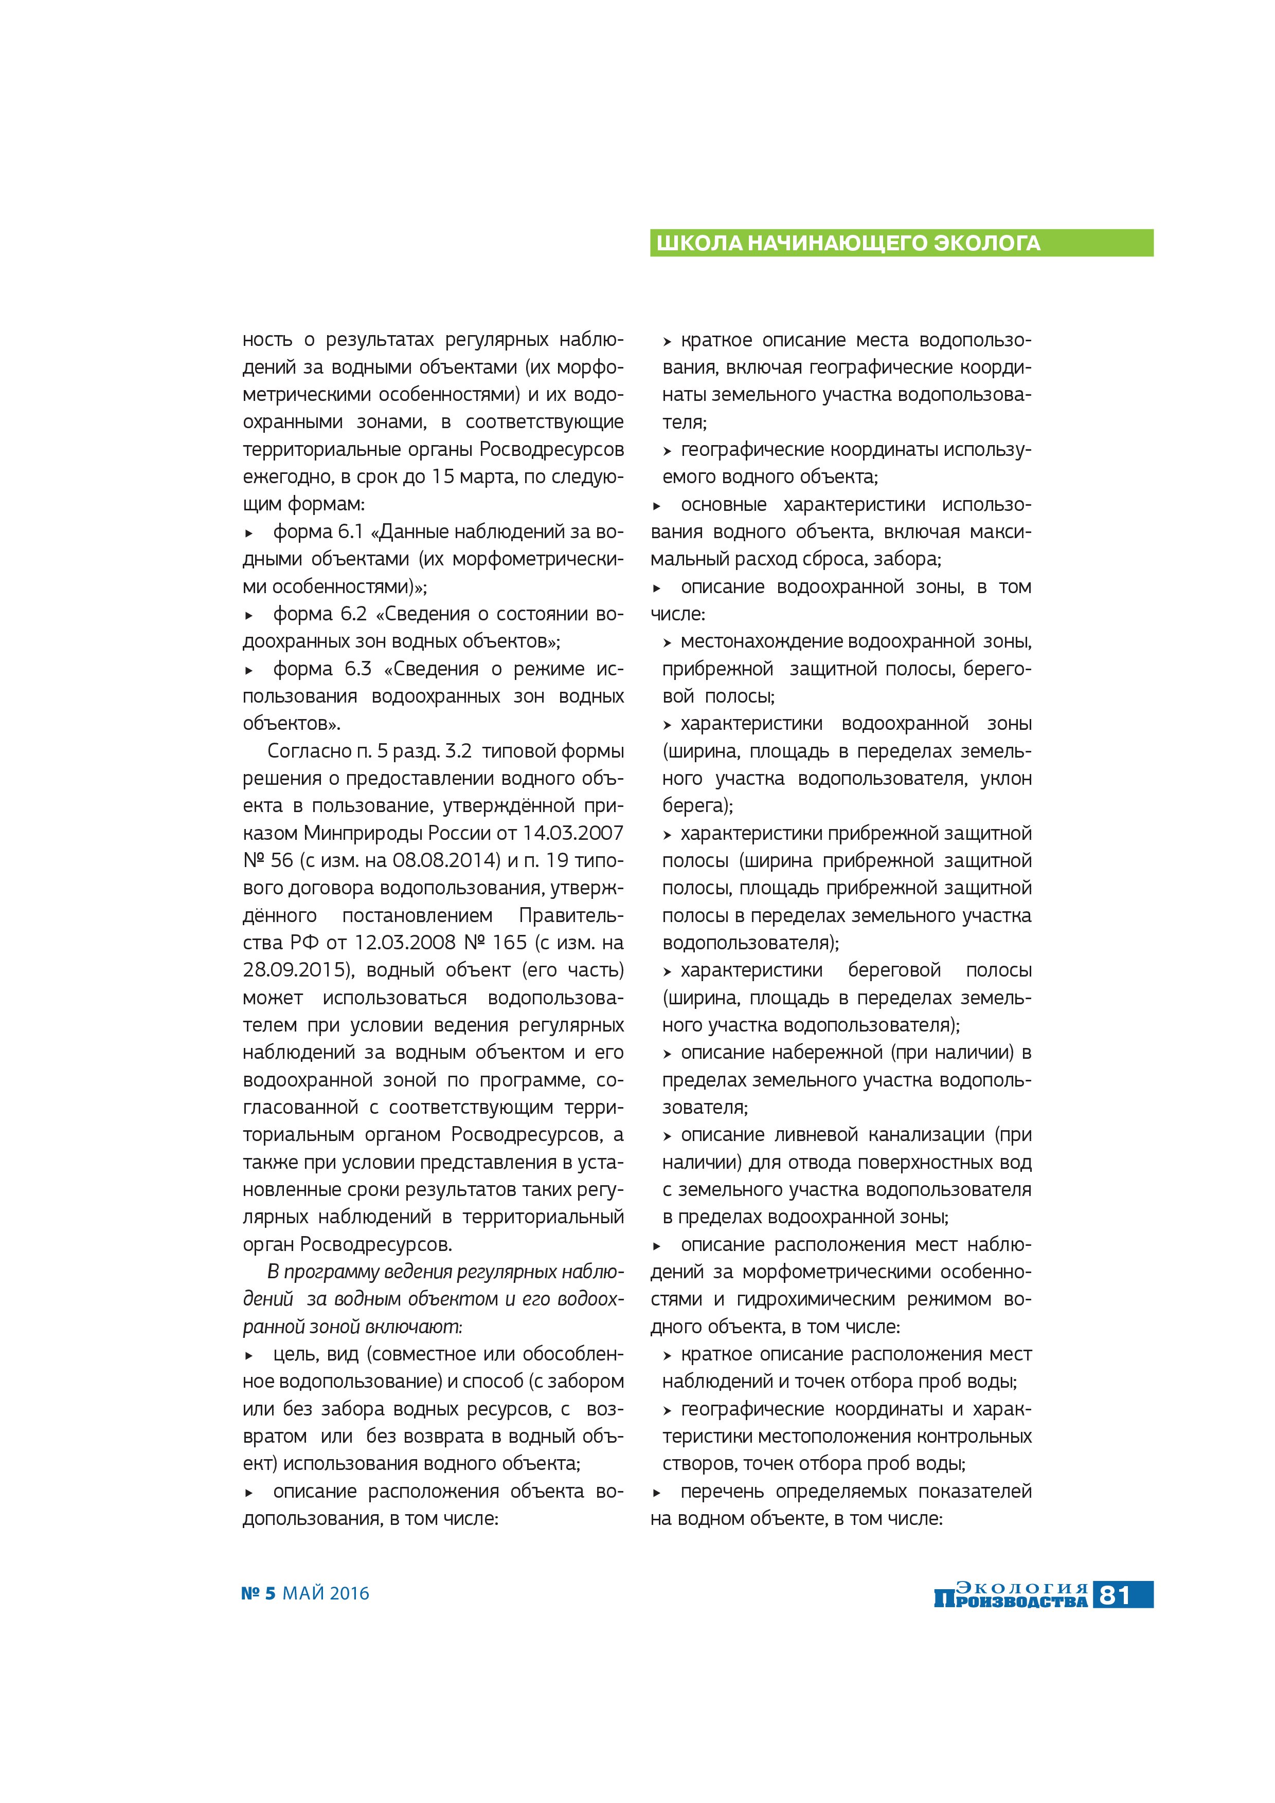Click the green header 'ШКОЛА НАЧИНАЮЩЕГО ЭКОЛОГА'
[849, 244]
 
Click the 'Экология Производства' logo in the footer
[1011, 1595]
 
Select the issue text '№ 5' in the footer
[259, 1593]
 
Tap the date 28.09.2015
[295, 970]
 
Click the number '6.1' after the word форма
[350, 531]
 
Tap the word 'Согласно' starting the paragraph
[309, 751]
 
